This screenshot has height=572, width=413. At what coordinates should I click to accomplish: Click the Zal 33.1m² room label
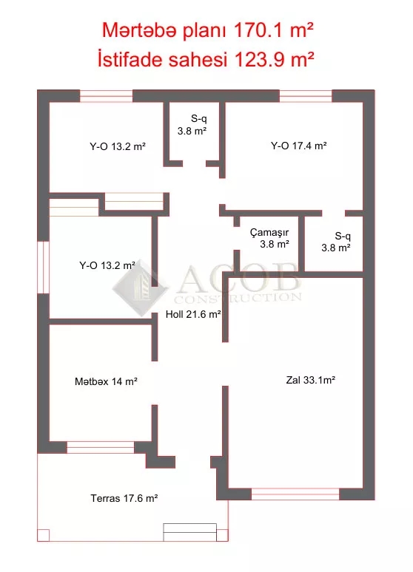tap(311, 380)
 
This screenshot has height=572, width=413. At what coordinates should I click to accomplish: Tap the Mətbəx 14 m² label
tap(106, 381)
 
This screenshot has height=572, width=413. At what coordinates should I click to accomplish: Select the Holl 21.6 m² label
tap(193, 314)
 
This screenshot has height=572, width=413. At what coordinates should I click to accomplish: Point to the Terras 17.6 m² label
tap(124, 498)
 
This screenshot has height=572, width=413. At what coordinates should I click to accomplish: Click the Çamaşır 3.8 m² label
tap(269, 239)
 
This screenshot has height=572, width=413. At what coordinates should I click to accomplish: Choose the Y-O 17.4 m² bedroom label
tap(299, 146)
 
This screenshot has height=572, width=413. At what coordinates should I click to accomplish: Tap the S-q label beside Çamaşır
tap(336, 242)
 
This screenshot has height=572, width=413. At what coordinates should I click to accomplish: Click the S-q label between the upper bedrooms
tap(192, 125)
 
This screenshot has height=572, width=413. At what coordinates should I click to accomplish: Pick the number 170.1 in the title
tap(258, 30)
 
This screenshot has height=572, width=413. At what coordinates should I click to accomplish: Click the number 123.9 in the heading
tap(259, 59)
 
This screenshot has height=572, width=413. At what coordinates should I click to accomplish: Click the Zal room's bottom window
tap(295, 494)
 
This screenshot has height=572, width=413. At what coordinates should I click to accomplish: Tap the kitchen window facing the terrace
tap(101, 447)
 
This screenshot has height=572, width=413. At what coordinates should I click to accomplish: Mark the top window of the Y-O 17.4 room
tap(306, 96)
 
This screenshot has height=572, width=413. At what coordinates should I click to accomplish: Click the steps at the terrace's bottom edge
tap(189, 532)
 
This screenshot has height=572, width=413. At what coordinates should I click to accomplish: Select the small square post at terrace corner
tap(43, 535)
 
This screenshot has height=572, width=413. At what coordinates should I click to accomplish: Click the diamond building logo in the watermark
tap(140, 287)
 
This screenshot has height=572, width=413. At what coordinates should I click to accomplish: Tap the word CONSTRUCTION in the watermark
tap(238, 298)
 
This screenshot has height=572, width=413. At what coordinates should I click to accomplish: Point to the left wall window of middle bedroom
tap(44, 267)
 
